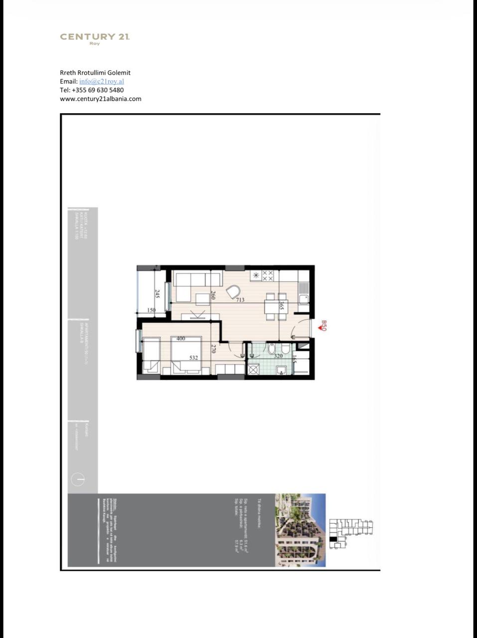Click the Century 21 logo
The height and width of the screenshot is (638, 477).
point(95,38)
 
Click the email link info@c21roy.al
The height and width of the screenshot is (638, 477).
point(101,81)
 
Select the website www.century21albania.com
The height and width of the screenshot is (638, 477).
point(100,99)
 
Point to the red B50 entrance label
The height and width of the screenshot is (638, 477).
point(322,326)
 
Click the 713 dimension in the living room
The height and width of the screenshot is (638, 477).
point(240,300)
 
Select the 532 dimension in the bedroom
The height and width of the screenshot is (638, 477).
point(193,357)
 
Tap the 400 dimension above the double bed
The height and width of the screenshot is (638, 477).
point(180,338)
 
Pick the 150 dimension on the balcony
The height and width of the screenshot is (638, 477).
point(152,310)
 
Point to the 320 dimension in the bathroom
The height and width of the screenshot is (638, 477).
point(278,355)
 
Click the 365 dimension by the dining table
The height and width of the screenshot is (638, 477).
point(282,306)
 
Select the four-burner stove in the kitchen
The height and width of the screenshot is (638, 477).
point(268,276)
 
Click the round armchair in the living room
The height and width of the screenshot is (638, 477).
point(233,292)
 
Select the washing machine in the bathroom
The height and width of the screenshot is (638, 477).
point(253,369)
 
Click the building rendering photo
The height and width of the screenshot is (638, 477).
point(301,530)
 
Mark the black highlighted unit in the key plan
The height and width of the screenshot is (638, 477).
point(333,538)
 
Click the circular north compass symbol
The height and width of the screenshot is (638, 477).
point(78,479)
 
